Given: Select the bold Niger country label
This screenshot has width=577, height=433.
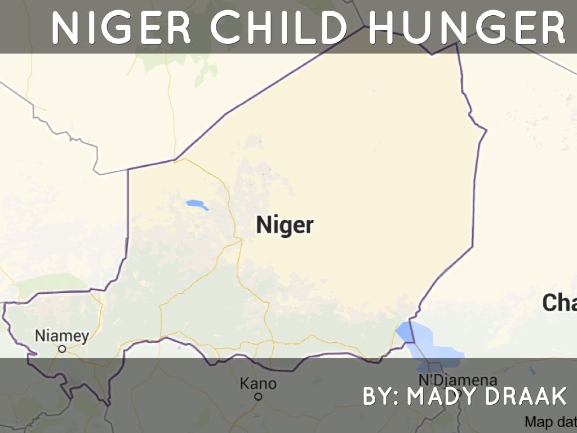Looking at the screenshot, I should pos(285,225).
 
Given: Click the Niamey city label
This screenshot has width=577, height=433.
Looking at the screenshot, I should pos(62,336).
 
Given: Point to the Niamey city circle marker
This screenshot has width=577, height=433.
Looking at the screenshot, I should pos(62,349).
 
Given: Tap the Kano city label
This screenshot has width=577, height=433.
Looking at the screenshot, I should pos(258,384).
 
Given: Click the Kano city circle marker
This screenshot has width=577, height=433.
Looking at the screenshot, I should pos(258,396).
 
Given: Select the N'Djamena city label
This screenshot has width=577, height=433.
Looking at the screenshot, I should pos(458,380).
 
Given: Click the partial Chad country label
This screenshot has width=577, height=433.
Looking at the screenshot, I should pos(559,303).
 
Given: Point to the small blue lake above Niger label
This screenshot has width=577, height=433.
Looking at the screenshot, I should pos(197,204).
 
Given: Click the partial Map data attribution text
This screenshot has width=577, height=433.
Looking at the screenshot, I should pos(550,422).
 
